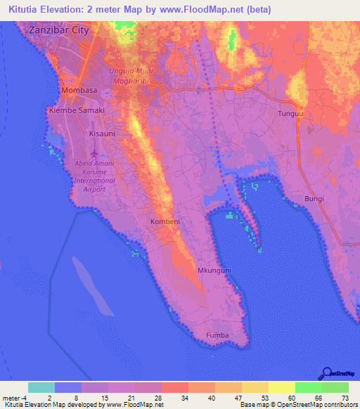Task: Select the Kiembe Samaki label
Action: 77,111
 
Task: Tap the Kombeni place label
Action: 166,221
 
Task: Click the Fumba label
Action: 217,335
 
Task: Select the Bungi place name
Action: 314,199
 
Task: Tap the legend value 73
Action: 345,398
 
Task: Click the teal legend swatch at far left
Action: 41,387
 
